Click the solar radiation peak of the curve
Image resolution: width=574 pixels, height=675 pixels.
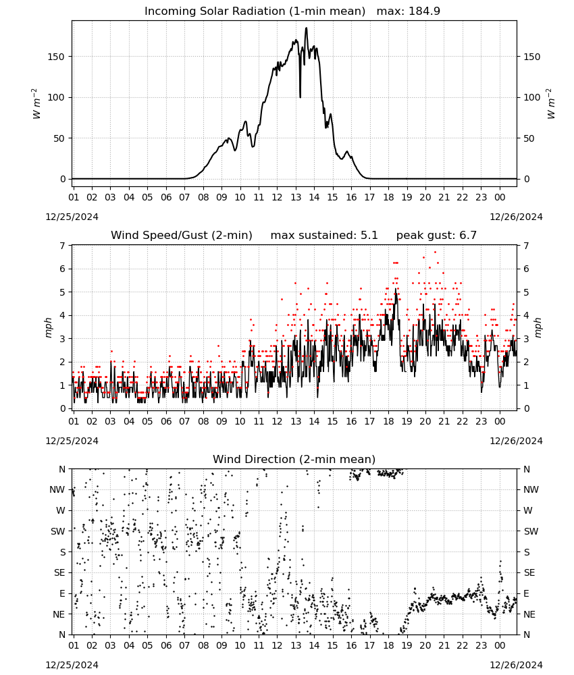[306, 28]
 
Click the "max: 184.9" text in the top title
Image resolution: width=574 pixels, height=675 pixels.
[409, 11]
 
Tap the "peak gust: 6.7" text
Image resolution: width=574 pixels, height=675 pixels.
[436, 236]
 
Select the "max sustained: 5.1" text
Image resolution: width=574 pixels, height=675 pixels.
[324, 236]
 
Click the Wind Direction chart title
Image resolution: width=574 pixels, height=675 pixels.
[294, 459]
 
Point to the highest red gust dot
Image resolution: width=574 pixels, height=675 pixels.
[435, 252]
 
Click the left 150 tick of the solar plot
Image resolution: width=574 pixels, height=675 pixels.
[56, 57]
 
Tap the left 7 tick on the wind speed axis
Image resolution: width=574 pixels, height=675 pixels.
[63, 246]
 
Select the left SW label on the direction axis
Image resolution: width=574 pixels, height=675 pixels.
[58, 531]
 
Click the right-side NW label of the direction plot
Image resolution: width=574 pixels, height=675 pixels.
[531, 489]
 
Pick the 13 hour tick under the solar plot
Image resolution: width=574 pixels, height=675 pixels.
[296, 197]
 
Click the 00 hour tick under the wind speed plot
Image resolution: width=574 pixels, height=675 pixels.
[500, 421]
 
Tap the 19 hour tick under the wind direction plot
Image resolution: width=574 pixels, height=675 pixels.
[407, 645]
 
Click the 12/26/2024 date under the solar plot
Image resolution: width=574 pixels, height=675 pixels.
[516, 217]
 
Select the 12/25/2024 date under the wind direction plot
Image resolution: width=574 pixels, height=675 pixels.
[72, 665]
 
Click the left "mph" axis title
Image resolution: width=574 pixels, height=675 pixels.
[48, 327]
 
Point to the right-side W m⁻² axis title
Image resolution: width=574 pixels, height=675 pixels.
[551, 104]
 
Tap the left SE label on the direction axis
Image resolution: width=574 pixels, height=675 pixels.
[59, 572]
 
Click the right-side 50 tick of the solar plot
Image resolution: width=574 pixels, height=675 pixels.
[528, 138]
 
